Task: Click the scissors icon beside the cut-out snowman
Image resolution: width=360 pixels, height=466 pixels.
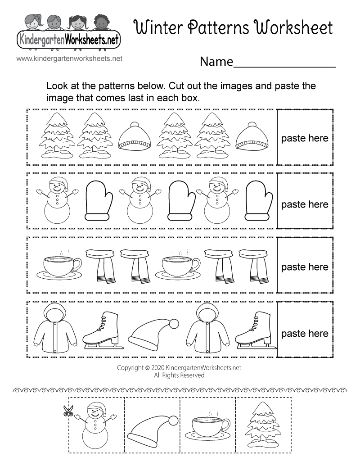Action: click(x=68, y=410)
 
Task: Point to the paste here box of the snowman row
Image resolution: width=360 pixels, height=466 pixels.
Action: click(x=305, y=204)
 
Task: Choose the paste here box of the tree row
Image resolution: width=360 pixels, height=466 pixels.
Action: click(x=305, y=138)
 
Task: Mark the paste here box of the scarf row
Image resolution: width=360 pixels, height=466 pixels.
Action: click(x=305, y=267)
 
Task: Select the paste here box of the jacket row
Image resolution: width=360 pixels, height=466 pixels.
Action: click(x=305, y=334)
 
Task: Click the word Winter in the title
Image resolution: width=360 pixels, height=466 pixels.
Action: click(x=161, y=28)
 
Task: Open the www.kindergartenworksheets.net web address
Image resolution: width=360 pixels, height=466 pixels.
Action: click(x=69, y=59)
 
